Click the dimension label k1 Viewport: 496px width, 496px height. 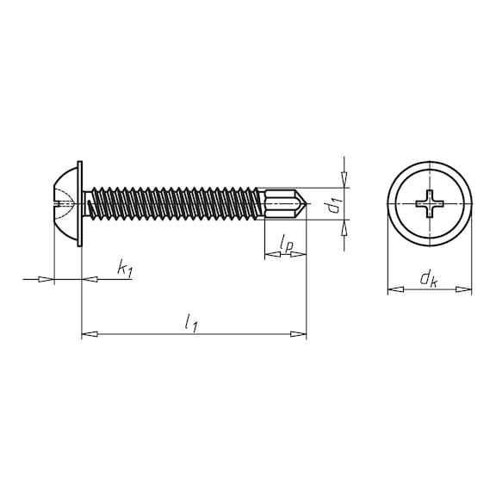(x=124, y=270)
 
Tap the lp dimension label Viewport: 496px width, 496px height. (x=287, y=246)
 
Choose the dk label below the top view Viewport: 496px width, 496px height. (x=427, y=278)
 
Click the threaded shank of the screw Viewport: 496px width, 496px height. (x=172, y=204)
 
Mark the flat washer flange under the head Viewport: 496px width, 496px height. (x=79, y=204)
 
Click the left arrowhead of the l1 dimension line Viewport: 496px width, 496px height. (x=87, y=333)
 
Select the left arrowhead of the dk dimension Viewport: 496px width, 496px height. (x=393, y=290)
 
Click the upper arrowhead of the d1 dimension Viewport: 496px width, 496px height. (x=344, y=181)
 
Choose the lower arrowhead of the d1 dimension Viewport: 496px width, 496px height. (x=344, y=227)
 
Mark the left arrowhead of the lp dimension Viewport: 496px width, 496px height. (x=268, y=256)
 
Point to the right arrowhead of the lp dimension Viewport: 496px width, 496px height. (x=301, y=256)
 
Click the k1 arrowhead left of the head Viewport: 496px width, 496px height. (x=47, y=279)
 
